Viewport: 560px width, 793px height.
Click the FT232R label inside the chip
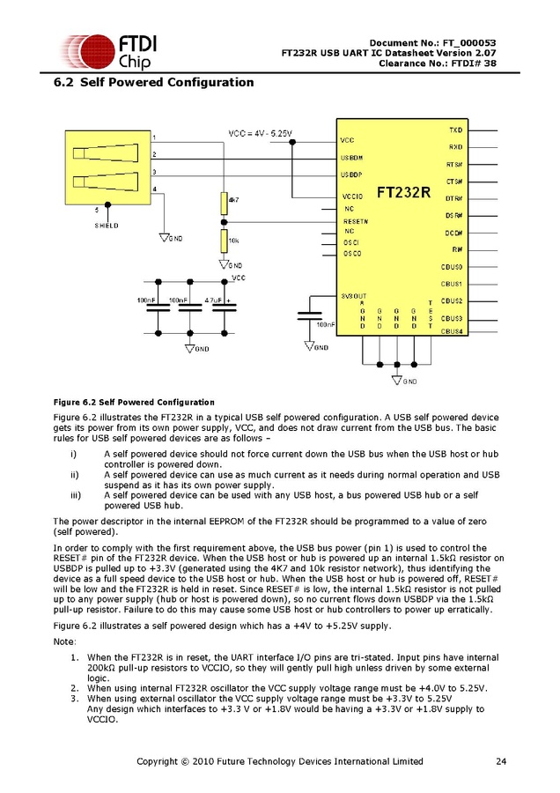click(404, 191)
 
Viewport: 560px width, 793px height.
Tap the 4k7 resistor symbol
click(224, 204)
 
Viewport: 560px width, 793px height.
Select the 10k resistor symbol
click(224, 241)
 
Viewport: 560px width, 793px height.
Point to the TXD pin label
click(455, 130)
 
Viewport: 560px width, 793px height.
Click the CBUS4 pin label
click(452, 331)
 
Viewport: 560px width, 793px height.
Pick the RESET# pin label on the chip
click(356, 220)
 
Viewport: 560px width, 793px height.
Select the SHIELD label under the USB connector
click(106, 226)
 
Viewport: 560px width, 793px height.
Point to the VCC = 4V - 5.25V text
click(261, 133)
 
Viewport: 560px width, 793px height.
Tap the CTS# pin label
click(454, 181)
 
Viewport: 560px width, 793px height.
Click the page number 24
click(501, 761)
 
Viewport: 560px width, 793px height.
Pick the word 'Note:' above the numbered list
click(65, 642)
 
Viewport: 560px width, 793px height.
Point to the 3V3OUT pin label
click(354, 295)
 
